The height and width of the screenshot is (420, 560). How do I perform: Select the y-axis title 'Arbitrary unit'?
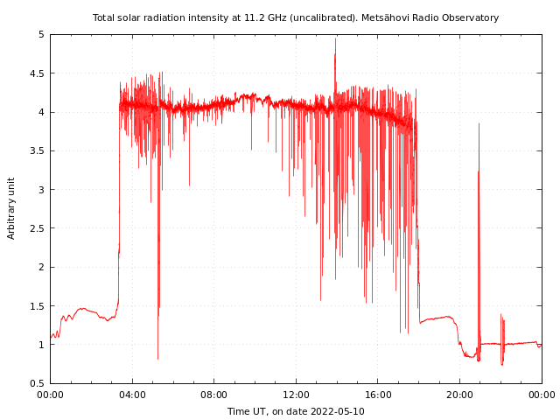tap(11, 208)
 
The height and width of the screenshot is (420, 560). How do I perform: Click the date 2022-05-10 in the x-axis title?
tap(336, 411)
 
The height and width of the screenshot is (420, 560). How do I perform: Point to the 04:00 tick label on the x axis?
tap(132, 394)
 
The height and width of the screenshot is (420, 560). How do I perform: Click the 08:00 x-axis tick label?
tap(213, 394)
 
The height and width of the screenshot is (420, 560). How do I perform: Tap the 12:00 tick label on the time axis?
tap(296, 394)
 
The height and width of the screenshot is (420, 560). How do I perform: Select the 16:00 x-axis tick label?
tap(378, 394)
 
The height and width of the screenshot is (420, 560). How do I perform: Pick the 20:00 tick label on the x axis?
tap(459, 394)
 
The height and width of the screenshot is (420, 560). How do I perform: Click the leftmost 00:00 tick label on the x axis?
tap(50, 394)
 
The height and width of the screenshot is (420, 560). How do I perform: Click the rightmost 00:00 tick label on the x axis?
tap(542, 394)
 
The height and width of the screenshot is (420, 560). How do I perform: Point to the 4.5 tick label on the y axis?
tap(37, 73)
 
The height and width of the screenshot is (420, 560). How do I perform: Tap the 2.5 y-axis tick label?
tap(37, 228)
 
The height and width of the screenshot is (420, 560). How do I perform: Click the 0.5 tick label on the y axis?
tap(37, 383)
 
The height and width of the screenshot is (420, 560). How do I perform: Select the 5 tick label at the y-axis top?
tap(41, 35)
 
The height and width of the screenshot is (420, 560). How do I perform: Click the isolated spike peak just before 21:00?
tap(479, 124)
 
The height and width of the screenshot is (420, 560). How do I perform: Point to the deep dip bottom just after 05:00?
tap(157, 358)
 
